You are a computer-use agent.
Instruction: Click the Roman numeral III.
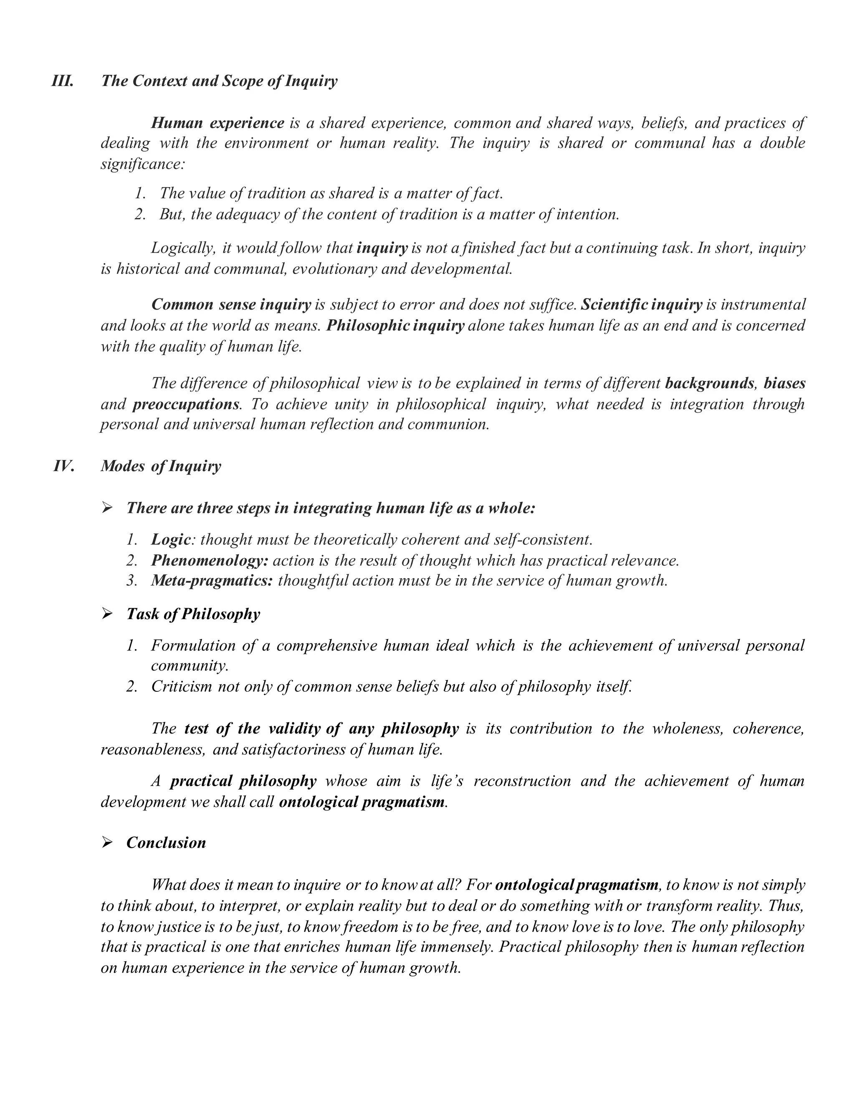click(62, 81)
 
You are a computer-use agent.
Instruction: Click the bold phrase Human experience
click(218, 123)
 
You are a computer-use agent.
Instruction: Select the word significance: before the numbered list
click(142, 164)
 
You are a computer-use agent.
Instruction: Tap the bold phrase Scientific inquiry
click(641, 305)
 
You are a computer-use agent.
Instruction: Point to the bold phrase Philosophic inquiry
click(395, 325)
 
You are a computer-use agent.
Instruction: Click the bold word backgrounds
click(709, 383)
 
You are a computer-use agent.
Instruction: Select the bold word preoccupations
click(185, 404)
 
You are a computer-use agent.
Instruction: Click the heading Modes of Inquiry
click(161, 466)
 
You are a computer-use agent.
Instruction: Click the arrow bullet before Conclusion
click(107, 843)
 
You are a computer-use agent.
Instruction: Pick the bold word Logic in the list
click(171, 540)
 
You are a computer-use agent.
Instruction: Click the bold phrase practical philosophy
click(243, 781)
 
